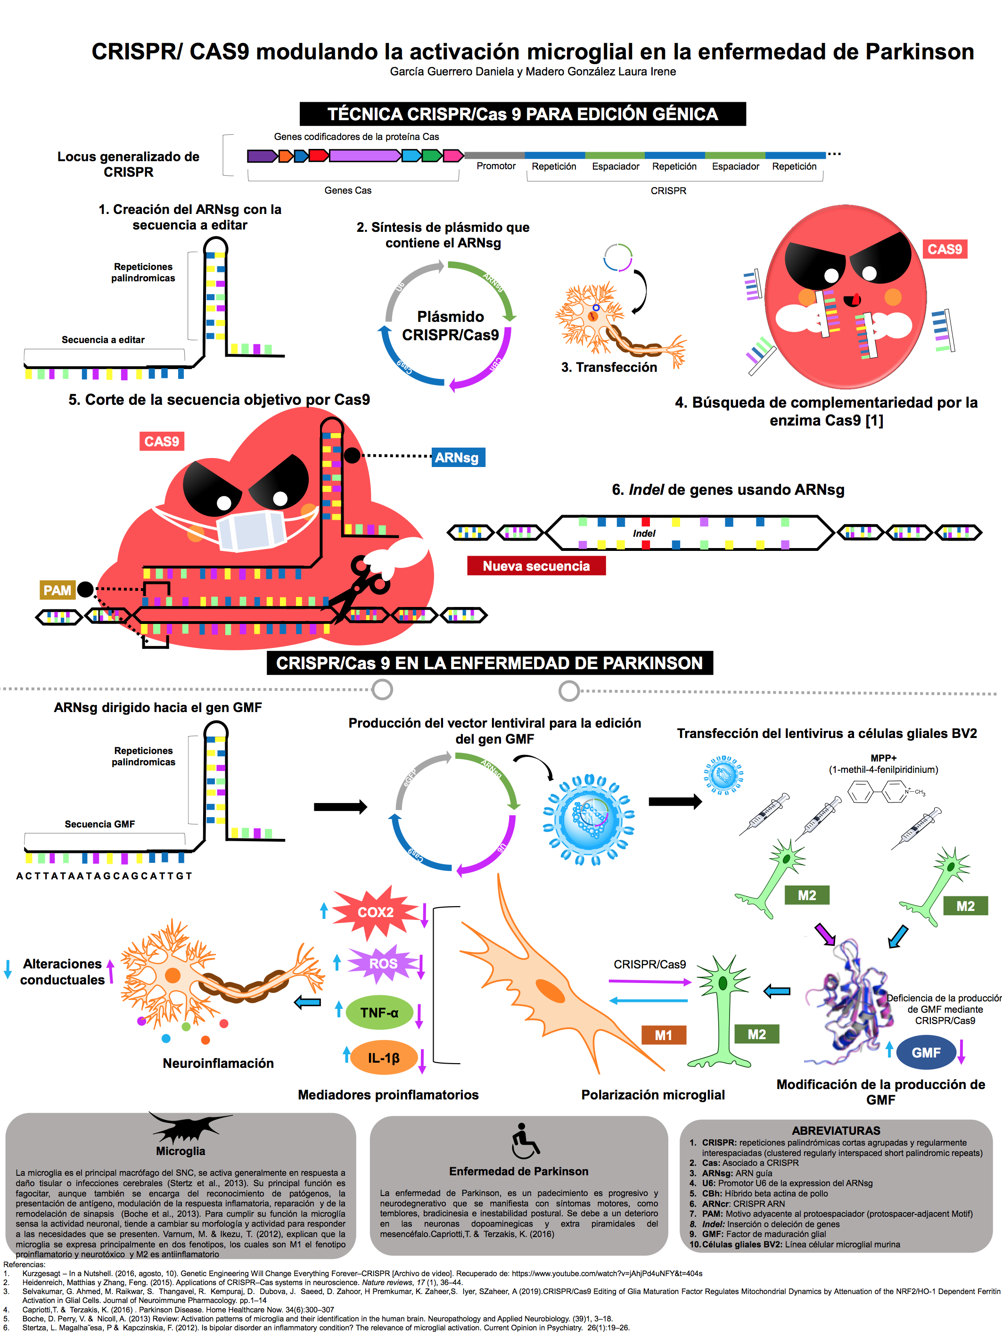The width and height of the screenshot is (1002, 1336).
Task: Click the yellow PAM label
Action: pyautogui.click(x=57, y=590)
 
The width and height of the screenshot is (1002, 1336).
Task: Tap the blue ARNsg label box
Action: pyautogui.click(x=458, y=457)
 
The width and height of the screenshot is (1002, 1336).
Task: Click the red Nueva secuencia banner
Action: pyautogui.click(x=536, y=566)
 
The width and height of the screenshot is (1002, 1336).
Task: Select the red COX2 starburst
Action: pyautogui.click(x=375, y=912)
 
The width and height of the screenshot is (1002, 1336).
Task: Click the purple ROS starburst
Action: pyautogui.click(x=383, y=963)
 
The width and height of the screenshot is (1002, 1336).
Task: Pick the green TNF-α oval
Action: pyautogui.click(x=379, y=1013)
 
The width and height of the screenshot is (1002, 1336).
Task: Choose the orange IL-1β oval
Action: pyautogui.click(x=384, y=1057)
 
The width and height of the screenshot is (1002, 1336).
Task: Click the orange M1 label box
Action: pyautogui.click(x=663, y=1035)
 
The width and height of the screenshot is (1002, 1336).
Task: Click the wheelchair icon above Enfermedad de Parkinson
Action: pyautogui.click(x=524, y=1141)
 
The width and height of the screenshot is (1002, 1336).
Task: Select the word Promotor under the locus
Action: pyautogui.click(x=496, y=166)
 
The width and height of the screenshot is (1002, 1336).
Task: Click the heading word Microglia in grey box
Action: pyautogui.click(x=181, y=1151)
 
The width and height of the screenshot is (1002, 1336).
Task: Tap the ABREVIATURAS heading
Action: pyautogui.click(x=836, y=1131)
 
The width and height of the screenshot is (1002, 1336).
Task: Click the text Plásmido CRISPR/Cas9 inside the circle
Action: pyautogui.click(x=451, y=326)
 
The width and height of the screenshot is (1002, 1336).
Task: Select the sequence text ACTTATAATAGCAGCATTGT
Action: pyautogui.click(x=104, y=876)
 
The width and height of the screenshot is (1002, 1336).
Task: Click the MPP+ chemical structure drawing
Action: pyautogui.click(x=885, y=791)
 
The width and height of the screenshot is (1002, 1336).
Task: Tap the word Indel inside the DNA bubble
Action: pyautogui.click(x=644, y=533)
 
